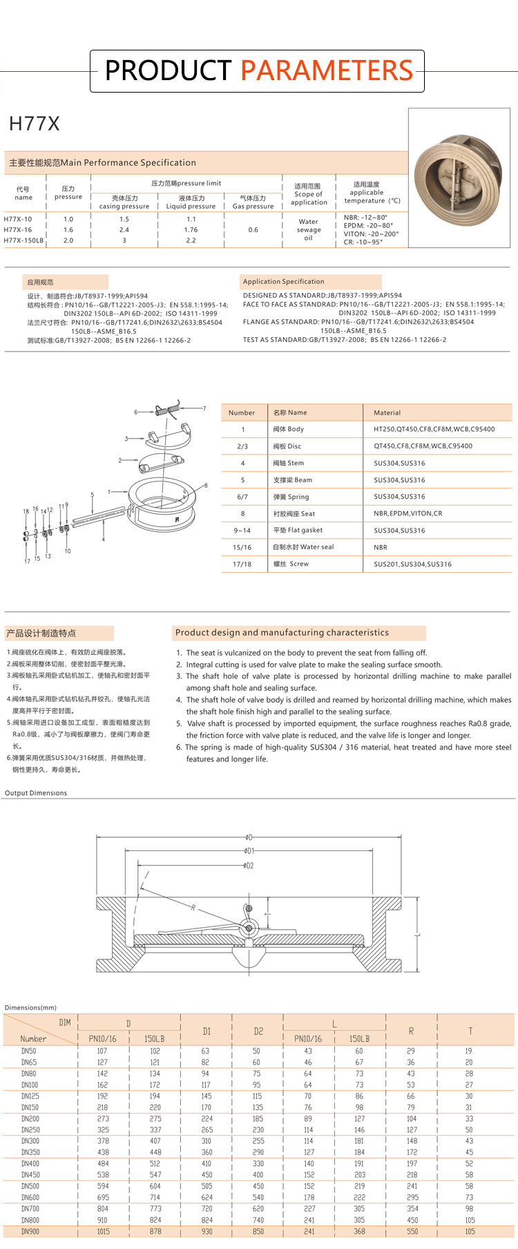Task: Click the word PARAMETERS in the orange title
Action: pyautogui.click(x=327, y=70)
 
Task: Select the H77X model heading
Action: pyautogui.click(x=35, y=124)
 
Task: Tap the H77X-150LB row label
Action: pyautogui.click(x=23, y=240)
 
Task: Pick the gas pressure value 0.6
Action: pyautogui.click(x=253, y=230)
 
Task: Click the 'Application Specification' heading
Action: pyautogui.click(x=283, y=282)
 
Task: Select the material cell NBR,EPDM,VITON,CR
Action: pyautogui.click(x=408, y=513)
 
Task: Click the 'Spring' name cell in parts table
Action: pyautogui.click(x=291, y=497)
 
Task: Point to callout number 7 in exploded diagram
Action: pyautogui.click(x=204, y=408)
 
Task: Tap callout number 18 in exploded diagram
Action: pyautogui.click(x=26, y=512)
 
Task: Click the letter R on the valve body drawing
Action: pyautogui.click(x=178, y=519)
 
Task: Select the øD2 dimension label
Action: pyautogui.click(x=249, y=865)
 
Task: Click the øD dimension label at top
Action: pyautogui.click(x=249, y=837)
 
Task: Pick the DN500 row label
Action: pyautogui.click(x=30, y=1186)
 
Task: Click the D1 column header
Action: pyautogui.click(x=207, y=1031)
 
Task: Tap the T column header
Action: pyautogui.click(x=470, y=1031)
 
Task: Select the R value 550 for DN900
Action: pyautogui.click(x=412, y=1231)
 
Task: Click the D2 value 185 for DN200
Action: pyautogui.click(x=258, y=1118)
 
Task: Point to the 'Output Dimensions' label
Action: pyautogui.click(x=36, y=793)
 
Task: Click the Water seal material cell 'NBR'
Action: pyautogui.click(x=381, y=547)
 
